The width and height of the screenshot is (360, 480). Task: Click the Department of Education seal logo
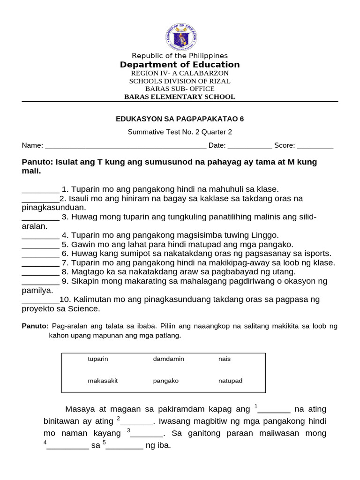(x=180, y=37)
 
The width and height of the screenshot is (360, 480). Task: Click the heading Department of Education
(x=180, y=65)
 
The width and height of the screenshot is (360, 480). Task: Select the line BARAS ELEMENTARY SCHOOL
(x=180, y=97)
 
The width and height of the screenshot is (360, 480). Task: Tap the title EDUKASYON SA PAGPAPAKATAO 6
(x=180, y=119)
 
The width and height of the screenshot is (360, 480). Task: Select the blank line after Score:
(x=315, y=146)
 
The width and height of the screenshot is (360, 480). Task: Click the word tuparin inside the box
(x=98, y=359)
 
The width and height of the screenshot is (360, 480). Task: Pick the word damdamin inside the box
(x=168, y=359)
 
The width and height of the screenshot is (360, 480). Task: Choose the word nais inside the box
(x=225, y=359)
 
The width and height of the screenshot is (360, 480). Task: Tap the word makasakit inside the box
(x=103, y=381)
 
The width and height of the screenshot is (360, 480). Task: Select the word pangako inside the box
(x=165, y=381)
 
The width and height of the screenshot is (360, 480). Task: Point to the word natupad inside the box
(x=230, y=381)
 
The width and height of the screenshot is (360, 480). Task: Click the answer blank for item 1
(x=40, y=190)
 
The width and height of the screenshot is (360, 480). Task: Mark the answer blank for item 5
(x=40, y=245)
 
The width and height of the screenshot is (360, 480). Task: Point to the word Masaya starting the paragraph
(x=80, y=410)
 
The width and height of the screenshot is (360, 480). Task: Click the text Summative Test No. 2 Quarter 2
(x=180, y=132)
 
